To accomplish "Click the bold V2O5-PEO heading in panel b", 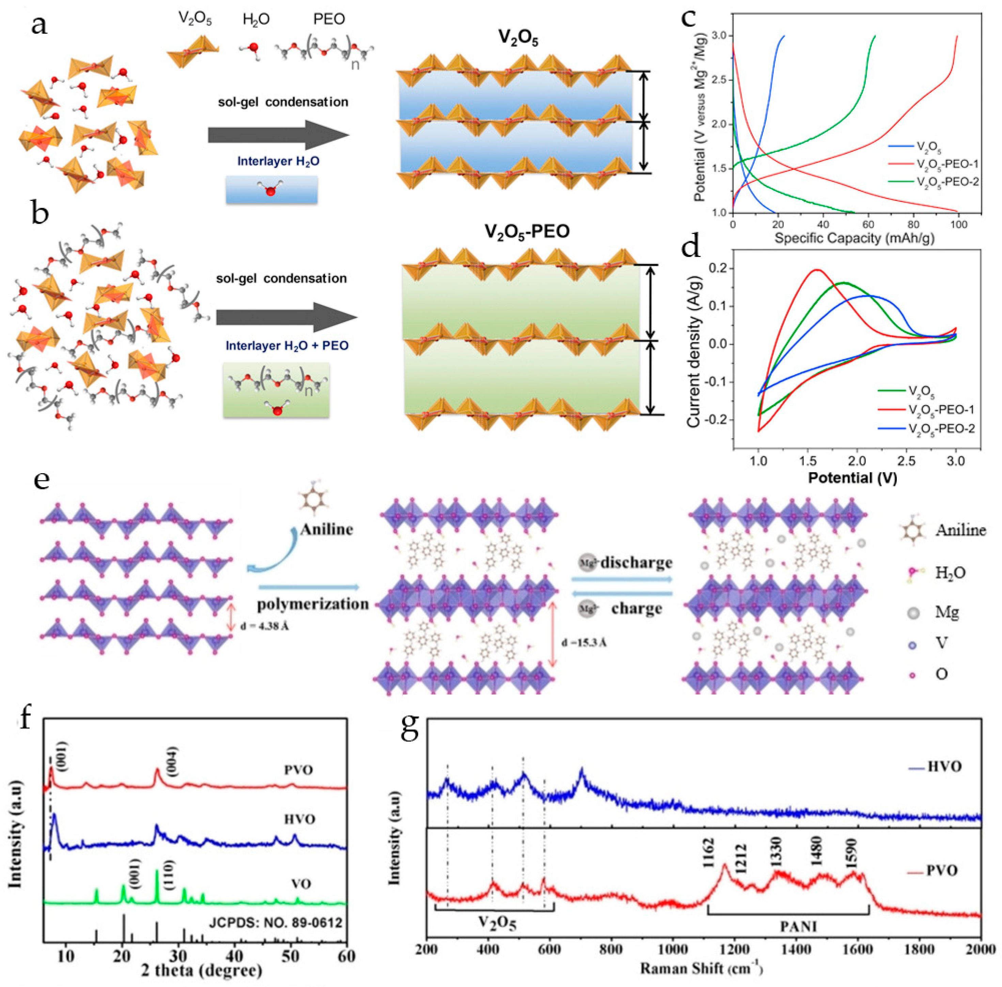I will pyautogui.click(x=527, y=231).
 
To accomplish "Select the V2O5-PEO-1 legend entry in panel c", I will pyautogui.click(x=946, y=165).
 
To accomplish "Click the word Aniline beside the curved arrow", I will pyautogui.click(x=326, y=529).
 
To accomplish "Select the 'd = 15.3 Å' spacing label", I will pyautogui.click(x=584, y=643).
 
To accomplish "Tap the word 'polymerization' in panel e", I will pyautogui.click(x=313, y=604).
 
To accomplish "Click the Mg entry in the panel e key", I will pyautogui.click(x=946, y=613).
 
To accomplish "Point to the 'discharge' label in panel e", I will pyautogui.click(x=636, y=563).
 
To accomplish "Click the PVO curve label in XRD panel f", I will pyautogui.click(x=298, y=770).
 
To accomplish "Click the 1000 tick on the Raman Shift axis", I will pyautogui.click(x=673, y=950).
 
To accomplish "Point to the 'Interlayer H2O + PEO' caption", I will pyautogui.click(x=287, y=346).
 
